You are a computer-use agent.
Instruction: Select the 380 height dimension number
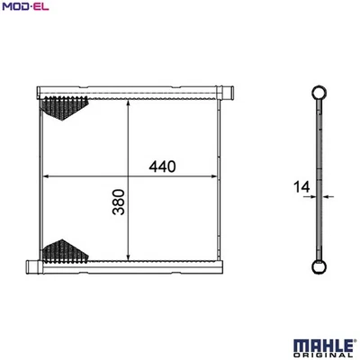click(119, 206)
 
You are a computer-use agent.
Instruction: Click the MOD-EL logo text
click(26, 7)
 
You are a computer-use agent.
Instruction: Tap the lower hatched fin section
click(66, 250)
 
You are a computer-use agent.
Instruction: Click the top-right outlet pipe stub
click(228, 91)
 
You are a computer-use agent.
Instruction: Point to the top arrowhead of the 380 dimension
click(132, 103)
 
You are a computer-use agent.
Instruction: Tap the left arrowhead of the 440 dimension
click(48, 176)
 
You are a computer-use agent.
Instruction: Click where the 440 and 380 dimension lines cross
click(132, 176)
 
